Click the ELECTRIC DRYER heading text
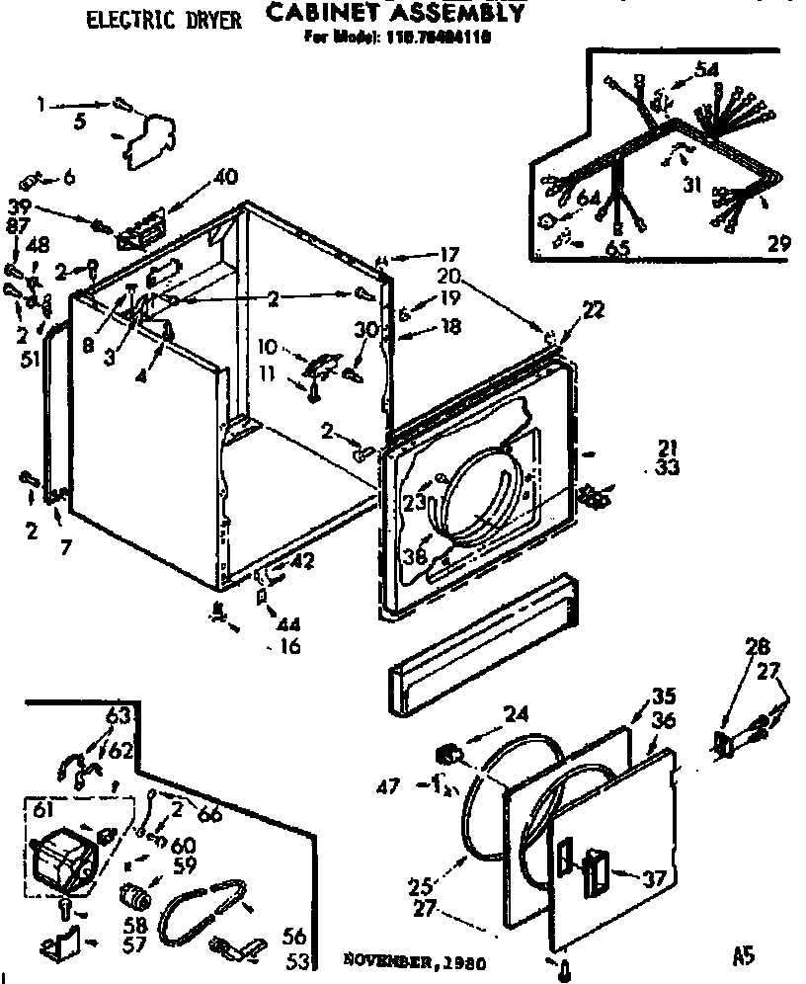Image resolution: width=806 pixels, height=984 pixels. click(x=164, y=20)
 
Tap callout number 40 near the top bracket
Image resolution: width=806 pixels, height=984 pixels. click(x=224, y=178)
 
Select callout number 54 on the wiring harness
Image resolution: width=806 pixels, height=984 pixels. click(x=706, y=68)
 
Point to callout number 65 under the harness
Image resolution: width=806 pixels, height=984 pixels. click(x=618, y=248)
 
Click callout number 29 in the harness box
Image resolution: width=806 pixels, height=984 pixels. click(x=778, y=242)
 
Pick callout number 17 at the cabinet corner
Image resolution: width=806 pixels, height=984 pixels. click(x=423, y=253)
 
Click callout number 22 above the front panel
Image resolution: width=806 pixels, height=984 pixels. click(x=593, y=310)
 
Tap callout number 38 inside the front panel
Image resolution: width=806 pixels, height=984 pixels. click(x=414, y=557)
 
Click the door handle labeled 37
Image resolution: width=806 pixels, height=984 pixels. click(x=597, y=874)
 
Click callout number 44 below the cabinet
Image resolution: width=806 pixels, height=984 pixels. click(x=290, y=625)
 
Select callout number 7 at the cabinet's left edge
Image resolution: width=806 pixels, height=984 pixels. click(x=65, y=545)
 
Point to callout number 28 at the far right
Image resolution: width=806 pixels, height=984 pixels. click(x=757, y=648)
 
